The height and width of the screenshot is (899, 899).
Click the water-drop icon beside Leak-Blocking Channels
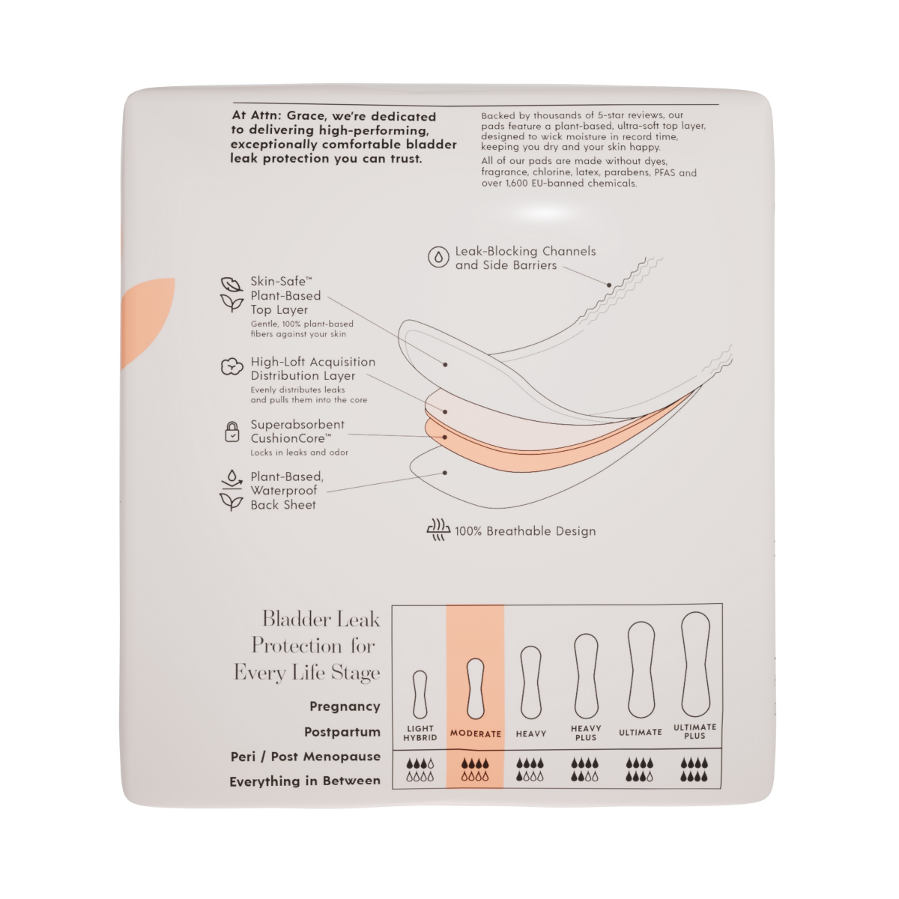click(x=438, y=257)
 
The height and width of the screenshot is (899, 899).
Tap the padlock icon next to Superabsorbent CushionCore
click(x=231, y=432)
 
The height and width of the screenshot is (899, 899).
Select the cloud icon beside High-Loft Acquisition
click(x=231, y=366)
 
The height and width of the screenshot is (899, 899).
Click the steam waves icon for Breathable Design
click(x=438, y=530)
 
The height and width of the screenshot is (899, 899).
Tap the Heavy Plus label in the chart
click(x=586, y=733)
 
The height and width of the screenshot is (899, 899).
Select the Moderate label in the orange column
click(x=476, y=734)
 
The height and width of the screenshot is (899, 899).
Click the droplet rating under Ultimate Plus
click(x=694, y=770)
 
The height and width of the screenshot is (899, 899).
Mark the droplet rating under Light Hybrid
click(x=420, y=770)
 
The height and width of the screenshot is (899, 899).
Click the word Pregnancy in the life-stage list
click(x=345, y=706)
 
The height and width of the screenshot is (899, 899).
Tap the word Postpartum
click(x=342, y=731)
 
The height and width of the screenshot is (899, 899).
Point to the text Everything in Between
click(x=305, y=781)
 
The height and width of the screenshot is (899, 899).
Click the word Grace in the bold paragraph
click(x=306, y=116)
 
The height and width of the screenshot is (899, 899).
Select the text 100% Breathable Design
click(x=525, y=531)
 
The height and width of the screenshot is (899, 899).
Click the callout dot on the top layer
click(x=445, y=364)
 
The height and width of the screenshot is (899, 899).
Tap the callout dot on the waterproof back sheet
click(x=445, y=473)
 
